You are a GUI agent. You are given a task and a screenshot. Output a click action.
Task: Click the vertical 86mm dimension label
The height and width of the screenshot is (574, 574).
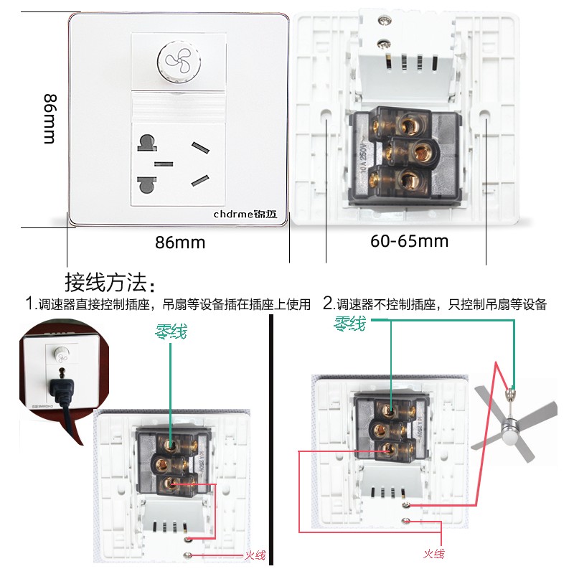click(49, 118)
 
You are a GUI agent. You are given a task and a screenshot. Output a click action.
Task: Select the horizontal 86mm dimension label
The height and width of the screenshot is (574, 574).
click(180, 243)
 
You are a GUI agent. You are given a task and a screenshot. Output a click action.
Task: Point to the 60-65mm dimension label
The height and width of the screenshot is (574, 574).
click(410, 241)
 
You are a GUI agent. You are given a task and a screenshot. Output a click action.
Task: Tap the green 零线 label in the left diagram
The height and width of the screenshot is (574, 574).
click(171, 331)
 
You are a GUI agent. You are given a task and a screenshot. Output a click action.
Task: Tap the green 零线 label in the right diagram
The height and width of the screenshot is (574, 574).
click(349, 324)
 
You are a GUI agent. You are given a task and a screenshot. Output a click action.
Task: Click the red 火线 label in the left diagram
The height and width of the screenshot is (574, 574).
click(255, 555)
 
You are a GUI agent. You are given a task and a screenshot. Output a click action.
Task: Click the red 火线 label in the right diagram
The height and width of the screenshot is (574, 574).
click(433, 553)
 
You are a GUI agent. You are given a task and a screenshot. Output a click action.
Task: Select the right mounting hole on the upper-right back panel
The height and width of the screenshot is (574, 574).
click(485, 115)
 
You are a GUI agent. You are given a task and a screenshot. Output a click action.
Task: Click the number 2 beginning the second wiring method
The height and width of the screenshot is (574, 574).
click(327, 304)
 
